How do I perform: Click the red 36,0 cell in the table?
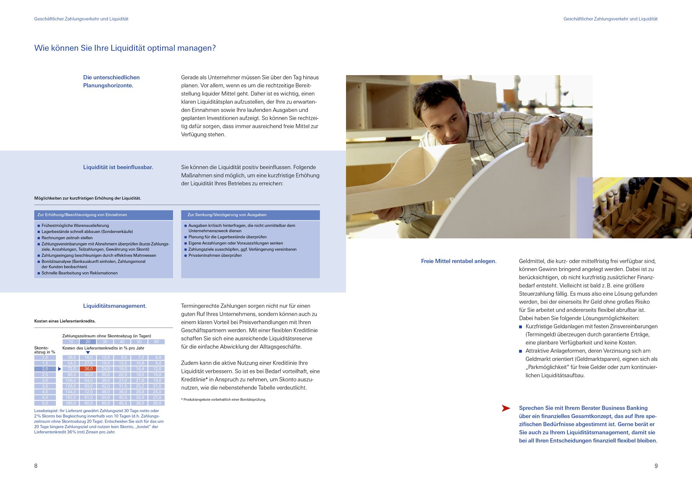coord(88,369)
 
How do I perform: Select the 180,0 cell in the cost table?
coord(71,403)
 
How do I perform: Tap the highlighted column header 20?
coord(88,341)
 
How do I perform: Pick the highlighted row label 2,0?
coord(45,369)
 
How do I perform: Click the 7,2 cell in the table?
coord(140,357)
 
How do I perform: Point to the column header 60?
coord(156,341)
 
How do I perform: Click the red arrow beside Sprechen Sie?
coord(506,408)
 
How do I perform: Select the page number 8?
coord(36,466)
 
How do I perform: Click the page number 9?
coord(656,466)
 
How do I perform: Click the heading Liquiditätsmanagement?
coord(115,306)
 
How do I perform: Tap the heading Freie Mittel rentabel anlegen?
coord(458,261)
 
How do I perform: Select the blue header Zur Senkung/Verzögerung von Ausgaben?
coord(227,215)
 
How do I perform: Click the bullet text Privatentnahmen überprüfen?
coord(215,255)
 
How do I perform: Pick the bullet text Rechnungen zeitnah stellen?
coord(67,238)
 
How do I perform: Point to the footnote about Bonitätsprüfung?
coord(224,399)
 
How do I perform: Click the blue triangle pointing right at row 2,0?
coord(59,369)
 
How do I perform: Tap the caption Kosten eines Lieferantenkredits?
coord(65,321)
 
